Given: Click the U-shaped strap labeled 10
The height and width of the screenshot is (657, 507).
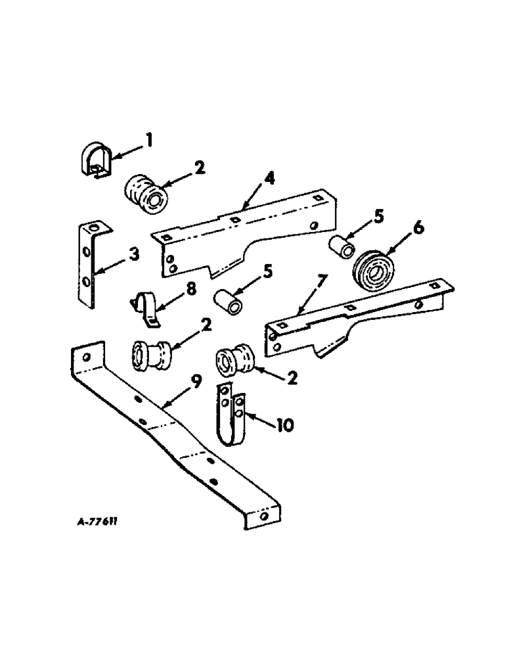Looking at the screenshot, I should [232, 417].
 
